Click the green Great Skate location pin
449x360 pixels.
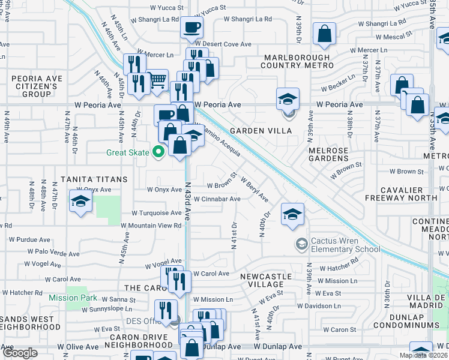pyautogui.click(x=158, y=152)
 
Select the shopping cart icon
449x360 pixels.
pyautogui.click(x=157, y=80)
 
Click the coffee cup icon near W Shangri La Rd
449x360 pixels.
pyautogui.click(x=191, y=28)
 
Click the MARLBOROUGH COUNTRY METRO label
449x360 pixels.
pyautogui.click(x=298, y=61)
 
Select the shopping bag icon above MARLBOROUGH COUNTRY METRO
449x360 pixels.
pyautogui.click(x=324, y=35)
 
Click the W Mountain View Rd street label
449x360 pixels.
pyautogui.click(x=151, y=226)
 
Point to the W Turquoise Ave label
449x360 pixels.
pyautogui.click(x=157, y=213)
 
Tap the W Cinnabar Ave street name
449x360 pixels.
pyautogui.click(x=217, y=199)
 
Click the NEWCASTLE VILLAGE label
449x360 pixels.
pyautogui.click(x=265, y=281)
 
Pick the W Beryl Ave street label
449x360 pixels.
pyautogui.click(x=254, y=189)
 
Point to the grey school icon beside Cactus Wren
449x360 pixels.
pyautogui.click(x=300, y=243)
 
